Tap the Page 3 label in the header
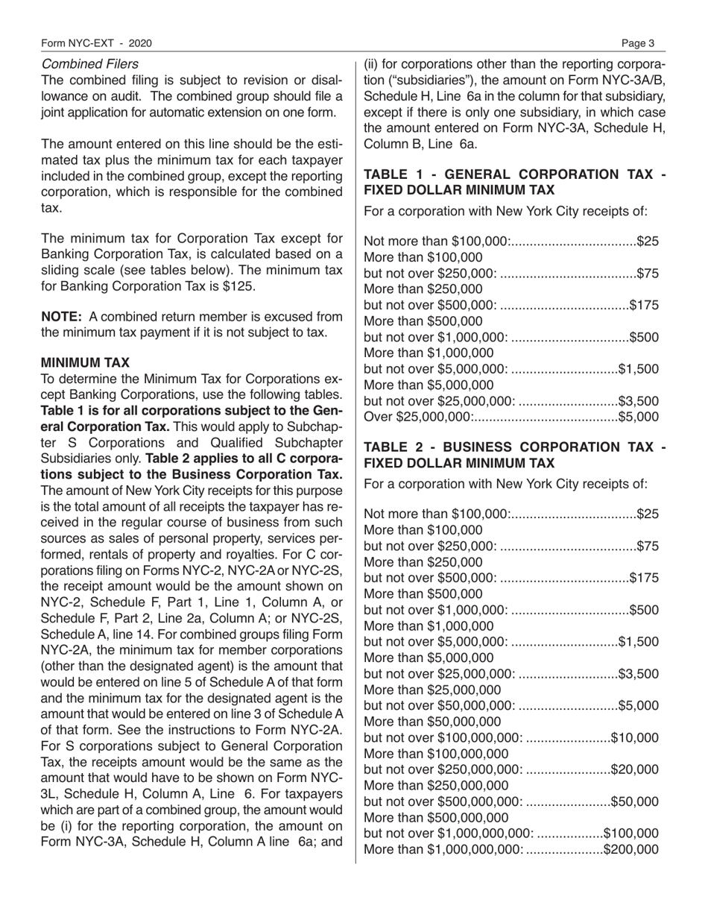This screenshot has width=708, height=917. click(x=639, y=43)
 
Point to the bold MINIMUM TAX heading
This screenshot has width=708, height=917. click(x=85, y=362)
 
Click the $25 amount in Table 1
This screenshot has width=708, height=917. click(x=648, y=241)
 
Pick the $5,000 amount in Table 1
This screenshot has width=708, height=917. click(x=639, y=416)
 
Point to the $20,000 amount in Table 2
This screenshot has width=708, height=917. click(x=635, y=767)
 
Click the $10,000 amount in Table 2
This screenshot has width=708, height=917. click(x=635, y=737)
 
